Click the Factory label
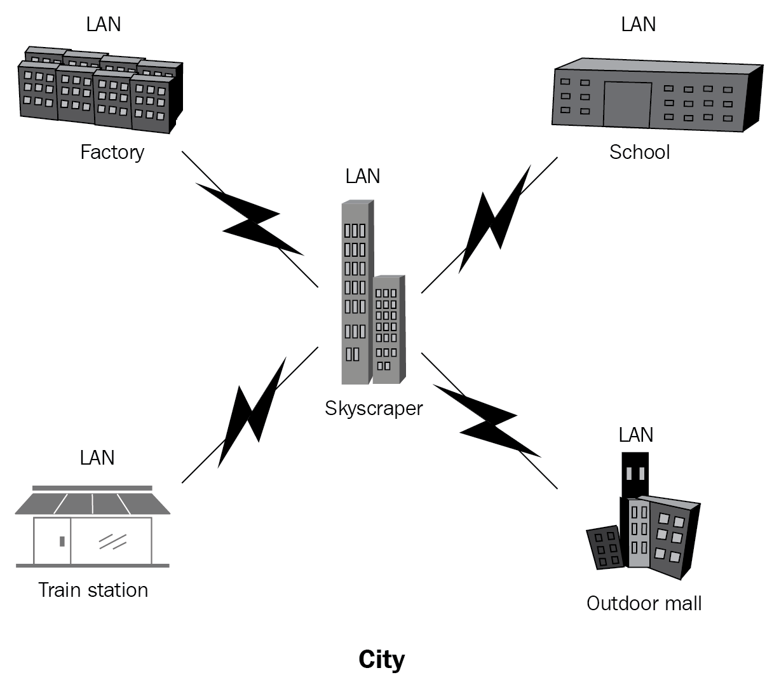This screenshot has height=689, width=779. tap(112, 153)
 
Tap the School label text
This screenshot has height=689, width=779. tap(639, 153)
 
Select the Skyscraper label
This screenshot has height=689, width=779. tap(374, 408)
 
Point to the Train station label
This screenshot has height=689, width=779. tap(93, 590)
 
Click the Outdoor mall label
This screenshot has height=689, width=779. tap(644, 603)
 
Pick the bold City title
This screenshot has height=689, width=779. tap(381, 660)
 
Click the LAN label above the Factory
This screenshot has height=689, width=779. tap(104, 24)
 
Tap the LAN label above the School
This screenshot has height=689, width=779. tap(639, 24)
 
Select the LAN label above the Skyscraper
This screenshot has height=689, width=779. tap(363, 176)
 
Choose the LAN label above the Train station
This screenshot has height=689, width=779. tap(97, 458)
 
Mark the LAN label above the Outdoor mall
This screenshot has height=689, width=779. tap(636, 435)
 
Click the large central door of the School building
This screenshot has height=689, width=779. tap(627, 104)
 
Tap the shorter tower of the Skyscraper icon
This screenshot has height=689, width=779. tap(388, 331)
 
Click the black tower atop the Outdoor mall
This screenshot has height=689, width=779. tap(635, 474)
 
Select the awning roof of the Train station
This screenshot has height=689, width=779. tap(93, 503)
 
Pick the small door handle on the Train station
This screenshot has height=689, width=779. tap(62, 541)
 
